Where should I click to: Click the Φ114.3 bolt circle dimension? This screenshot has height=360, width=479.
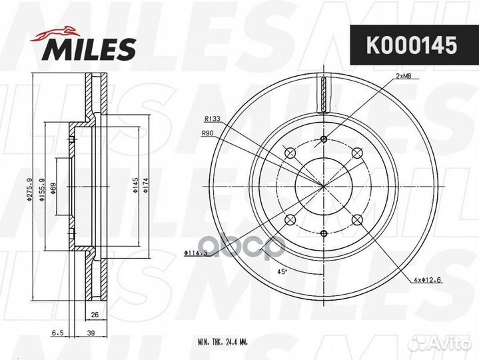195,253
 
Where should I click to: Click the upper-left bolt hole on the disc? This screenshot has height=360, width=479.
290,154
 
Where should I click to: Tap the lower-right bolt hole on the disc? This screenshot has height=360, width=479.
356,219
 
